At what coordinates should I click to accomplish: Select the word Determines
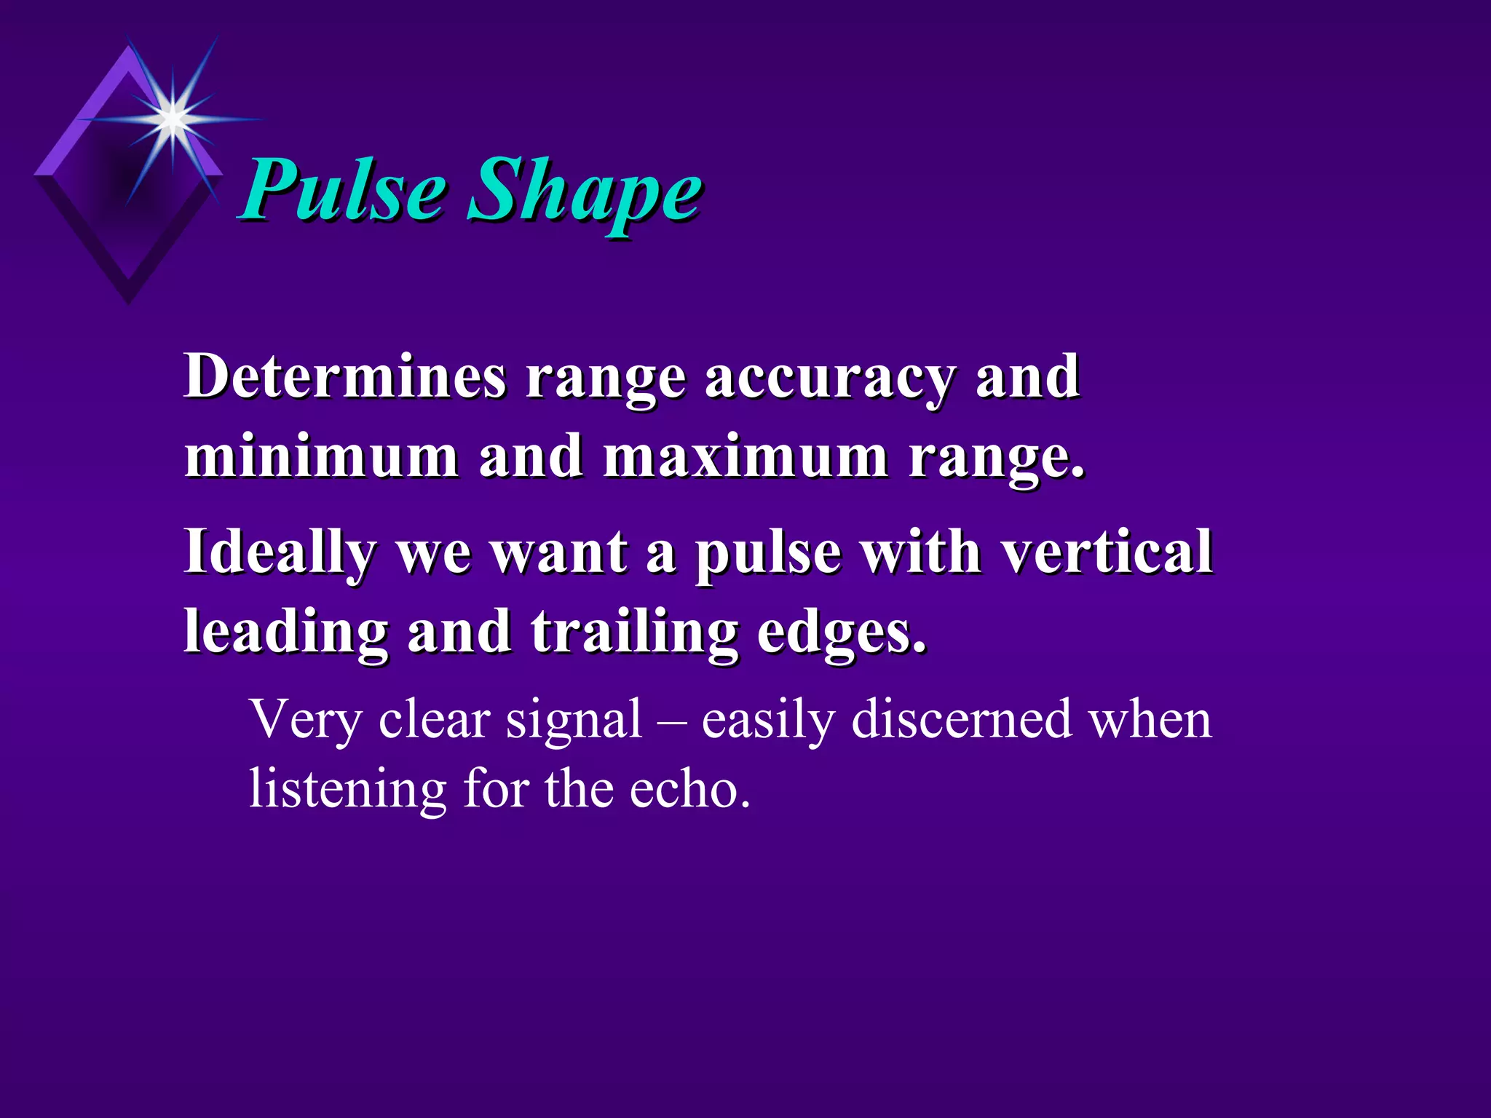click(x=345, y=376)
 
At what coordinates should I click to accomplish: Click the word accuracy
click(x=830, y=380)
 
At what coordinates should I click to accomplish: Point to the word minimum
click(x=321, y=456)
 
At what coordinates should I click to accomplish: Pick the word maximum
click(x=745, y=456)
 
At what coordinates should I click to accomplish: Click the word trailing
click(x=634, y=633)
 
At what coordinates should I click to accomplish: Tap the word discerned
click(x=961, y=719)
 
